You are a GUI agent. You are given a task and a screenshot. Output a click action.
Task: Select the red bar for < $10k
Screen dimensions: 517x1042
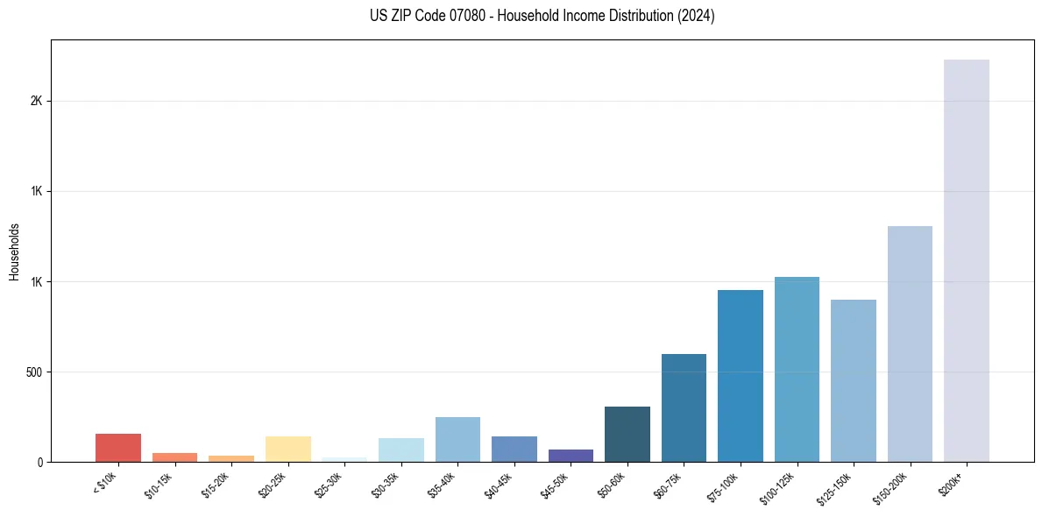pyautogui.click(x=118, y=448)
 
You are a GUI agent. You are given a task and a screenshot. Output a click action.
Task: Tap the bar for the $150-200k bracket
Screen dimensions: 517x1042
pyautogui.click(x=910, y=343)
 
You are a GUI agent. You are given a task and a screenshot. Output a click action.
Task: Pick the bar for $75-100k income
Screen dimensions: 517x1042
pyautogui.click(x=740, y=376)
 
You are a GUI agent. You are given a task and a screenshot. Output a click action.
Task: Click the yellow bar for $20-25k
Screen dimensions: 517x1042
pyautogui.click(x=287, y=449)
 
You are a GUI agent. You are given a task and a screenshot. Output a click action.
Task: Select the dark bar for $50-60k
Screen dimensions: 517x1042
pyautogui.click(x=627, y=434)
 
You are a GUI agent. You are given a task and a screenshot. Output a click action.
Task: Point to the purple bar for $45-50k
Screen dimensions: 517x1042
pyautogui.click(x=571, y=456)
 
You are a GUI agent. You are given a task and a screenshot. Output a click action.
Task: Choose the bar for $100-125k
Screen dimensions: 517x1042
pyautogui.click(x=797, y=369)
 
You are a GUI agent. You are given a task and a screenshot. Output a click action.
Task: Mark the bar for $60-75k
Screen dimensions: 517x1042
pyautogui.click(x=684, y=407)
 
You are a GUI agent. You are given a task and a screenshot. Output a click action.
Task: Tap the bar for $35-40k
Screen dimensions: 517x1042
pyautogui.click(x=457, y=439)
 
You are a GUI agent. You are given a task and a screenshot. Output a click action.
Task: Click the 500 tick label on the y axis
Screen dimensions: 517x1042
pyautogui.click(x=34, y=372)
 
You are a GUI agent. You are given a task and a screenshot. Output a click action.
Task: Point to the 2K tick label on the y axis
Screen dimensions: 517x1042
pyautogui.click(x=36, y=102)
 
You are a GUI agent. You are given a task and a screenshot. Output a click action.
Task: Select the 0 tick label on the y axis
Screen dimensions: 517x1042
pyautogui.click(x=40, y=463)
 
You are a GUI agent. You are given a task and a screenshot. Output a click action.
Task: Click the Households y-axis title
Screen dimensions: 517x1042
pyautogui.click(x=14, y=251)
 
